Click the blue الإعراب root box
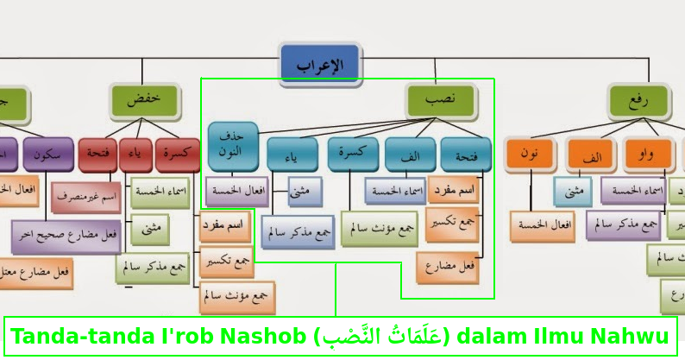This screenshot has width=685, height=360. coord(320,65)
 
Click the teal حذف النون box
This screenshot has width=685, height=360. coord(232,144)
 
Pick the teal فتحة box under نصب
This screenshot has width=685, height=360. coord(466,155)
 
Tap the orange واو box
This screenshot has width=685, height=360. coord(646,155)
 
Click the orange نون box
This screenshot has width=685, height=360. coord(531,155)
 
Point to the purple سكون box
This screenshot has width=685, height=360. coord(47,155)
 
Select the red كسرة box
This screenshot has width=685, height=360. coord(179,155)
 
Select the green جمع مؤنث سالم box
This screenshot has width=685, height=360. coord(379,228)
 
